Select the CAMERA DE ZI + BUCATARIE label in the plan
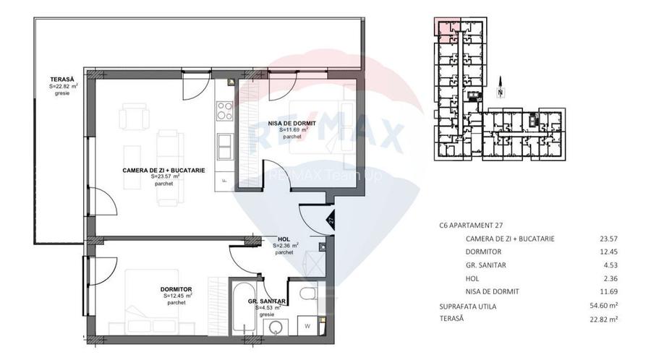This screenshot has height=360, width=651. coord(163,170)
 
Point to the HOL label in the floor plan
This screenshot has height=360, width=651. coord(284,239)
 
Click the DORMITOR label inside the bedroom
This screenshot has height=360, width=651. coord(176,289)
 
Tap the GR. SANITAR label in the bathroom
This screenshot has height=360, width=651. coord(267,301)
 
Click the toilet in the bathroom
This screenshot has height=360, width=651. coord(307,293)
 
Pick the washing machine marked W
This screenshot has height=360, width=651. coord(308,325)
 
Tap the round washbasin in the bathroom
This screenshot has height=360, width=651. coord(274,327)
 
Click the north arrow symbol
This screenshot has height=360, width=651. coord(500,90)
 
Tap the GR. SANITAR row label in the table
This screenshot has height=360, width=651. coord(487,265)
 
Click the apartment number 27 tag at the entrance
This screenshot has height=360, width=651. coord(330,221)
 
